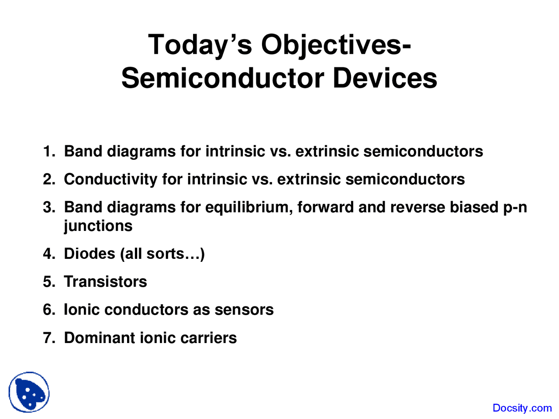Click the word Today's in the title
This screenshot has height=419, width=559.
click(x=200, y=45)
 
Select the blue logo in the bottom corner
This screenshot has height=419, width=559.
click(x=29, y=392)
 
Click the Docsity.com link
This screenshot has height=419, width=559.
click(x=522, y=408)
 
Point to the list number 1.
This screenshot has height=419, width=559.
click(x=48, y=151)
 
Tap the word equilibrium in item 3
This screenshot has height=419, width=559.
click(x=248, y=207)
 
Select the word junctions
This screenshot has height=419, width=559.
click(x=98, y=226)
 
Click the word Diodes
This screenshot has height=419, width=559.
click(x=89, y=254)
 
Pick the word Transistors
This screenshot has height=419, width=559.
click(x=105, y=282)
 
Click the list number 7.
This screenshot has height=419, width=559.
click(x=48, y=338)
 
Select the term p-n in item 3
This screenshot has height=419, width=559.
click(x=515, y=207)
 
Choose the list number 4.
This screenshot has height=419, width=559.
click(x=48, y=254)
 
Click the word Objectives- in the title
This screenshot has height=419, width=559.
click(x=336, y=45)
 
